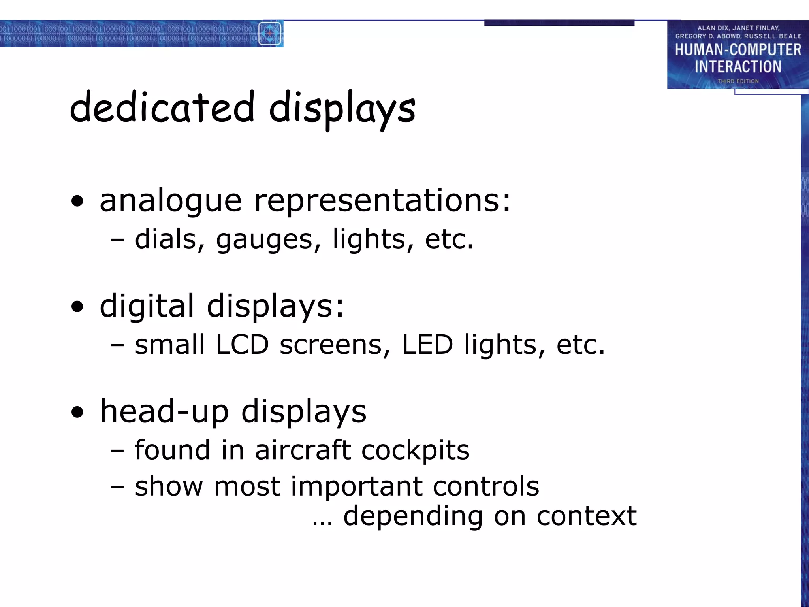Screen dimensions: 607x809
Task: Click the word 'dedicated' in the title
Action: click(162, 107)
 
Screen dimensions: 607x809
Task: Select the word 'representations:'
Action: click(382, 201)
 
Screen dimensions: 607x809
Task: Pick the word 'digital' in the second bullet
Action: click(147, 306)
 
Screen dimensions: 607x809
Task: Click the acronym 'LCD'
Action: click(242, 345)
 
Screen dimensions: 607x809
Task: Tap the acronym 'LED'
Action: click(427, 345)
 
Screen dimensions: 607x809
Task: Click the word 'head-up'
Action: click(164, 412)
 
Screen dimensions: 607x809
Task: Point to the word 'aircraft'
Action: click(303, 450)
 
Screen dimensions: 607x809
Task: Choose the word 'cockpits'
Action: click(416, 451)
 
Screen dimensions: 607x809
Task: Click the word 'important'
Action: click(356, 486)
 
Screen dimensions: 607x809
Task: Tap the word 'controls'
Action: click(486, 486)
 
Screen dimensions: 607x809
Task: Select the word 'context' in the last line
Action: click(587, 516)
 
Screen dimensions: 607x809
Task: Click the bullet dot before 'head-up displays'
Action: click(78, 413)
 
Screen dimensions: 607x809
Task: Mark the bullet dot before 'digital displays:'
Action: click(78, 307)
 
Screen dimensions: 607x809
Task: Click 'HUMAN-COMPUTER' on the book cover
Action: click(738, 50)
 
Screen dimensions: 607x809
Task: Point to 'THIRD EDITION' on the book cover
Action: click(738, 81)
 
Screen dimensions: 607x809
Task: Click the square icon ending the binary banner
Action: click(270, 34)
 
